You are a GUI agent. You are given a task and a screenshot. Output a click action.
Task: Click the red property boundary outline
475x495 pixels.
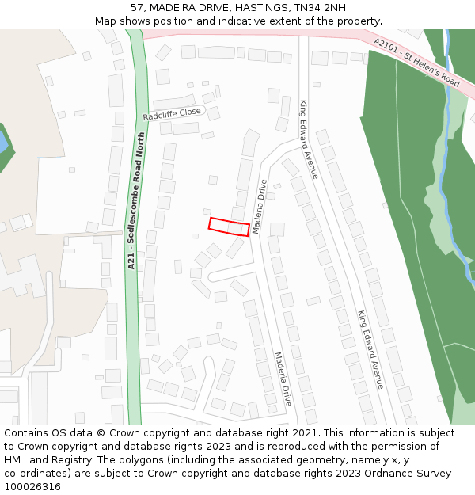pyautogui.click(x=229, y=227)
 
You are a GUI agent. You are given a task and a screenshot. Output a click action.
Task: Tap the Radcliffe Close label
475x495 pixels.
pyautogui.click(x=173, y=114)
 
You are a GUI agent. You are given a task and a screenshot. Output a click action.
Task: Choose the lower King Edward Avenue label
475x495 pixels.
pyautogui.click(x=370, y=348)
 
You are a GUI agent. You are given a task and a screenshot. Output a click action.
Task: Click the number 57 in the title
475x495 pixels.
pyautogui.click(x=137, y=7)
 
